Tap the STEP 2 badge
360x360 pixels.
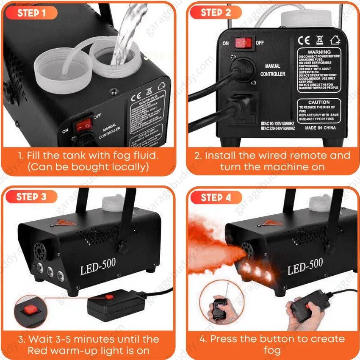coord(216,12)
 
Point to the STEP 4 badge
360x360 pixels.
coord(216,197)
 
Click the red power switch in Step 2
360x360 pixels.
coord(244,42)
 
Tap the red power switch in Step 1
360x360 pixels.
coord(85,124)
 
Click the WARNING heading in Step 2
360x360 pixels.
coord(319,52)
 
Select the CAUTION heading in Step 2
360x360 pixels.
coord(319,102)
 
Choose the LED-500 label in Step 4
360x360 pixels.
coord(305,268)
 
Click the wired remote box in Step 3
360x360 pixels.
coord(111,302)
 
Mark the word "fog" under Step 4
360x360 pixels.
coord(272,351)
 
